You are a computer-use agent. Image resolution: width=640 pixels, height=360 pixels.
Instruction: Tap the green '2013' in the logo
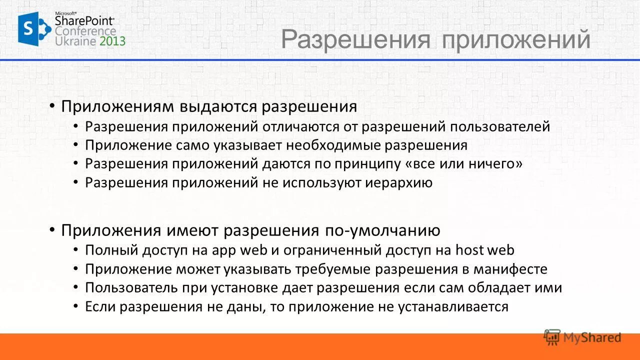click(112, 41)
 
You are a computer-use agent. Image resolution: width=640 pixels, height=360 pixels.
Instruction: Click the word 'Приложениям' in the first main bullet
click(117, 106)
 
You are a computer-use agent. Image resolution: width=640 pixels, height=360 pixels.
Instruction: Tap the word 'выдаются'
click(218, 106)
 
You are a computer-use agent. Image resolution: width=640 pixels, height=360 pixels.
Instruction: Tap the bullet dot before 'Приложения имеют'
click(52, 230)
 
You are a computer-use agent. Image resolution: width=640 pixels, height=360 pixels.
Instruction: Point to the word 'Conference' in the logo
click(85, 31)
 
